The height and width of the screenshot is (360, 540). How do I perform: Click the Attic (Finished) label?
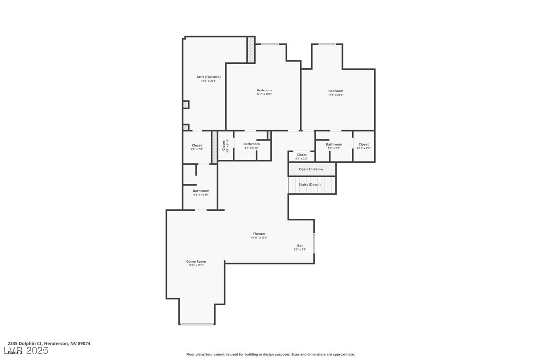[x=209, y=77]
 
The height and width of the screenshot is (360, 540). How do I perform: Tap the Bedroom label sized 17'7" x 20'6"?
[x=264, y=90]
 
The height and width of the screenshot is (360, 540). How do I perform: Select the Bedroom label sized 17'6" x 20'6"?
[x=336, y=91]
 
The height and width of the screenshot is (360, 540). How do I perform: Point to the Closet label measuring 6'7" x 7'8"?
[x=197, y=145]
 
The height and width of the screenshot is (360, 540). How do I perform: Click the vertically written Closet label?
[x=223, y=145]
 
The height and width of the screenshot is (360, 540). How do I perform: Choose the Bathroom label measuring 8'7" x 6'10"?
[x=251, y=144]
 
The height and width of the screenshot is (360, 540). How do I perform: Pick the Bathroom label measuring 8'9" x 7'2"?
[x=334, y=144]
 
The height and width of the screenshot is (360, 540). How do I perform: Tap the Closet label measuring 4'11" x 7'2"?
[x=364, y=144]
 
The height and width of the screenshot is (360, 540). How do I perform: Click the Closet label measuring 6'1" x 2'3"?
[x=302, y=155]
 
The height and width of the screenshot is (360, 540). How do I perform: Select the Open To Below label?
[x=311, y=169]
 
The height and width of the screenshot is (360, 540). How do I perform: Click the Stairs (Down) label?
[x=310, y=184]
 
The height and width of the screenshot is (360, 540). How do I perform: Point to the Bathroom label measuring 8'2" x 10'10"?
[x=201, y=191]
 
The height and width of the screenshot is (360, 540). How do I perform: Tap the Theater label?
[x=259, y=234]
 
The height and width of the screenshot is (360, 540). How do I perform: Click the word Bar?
[x=300, y=245]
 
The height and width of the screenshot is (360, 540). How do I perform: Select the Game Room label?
[x=196, y=261]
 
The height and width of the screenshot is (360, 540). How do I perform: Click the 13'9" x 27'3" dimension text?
[x=196, y=266]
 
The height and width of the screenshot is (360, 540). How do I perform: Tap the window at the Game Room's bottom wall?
[x=197, y=324]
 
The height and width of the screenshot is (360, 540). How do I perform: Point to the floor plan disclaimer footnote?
[x=270, y=354]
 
